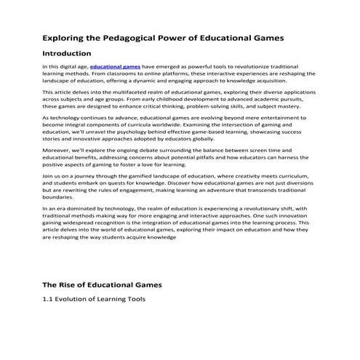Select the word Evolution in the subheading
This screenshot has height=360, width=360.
(x=81, y=300)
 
